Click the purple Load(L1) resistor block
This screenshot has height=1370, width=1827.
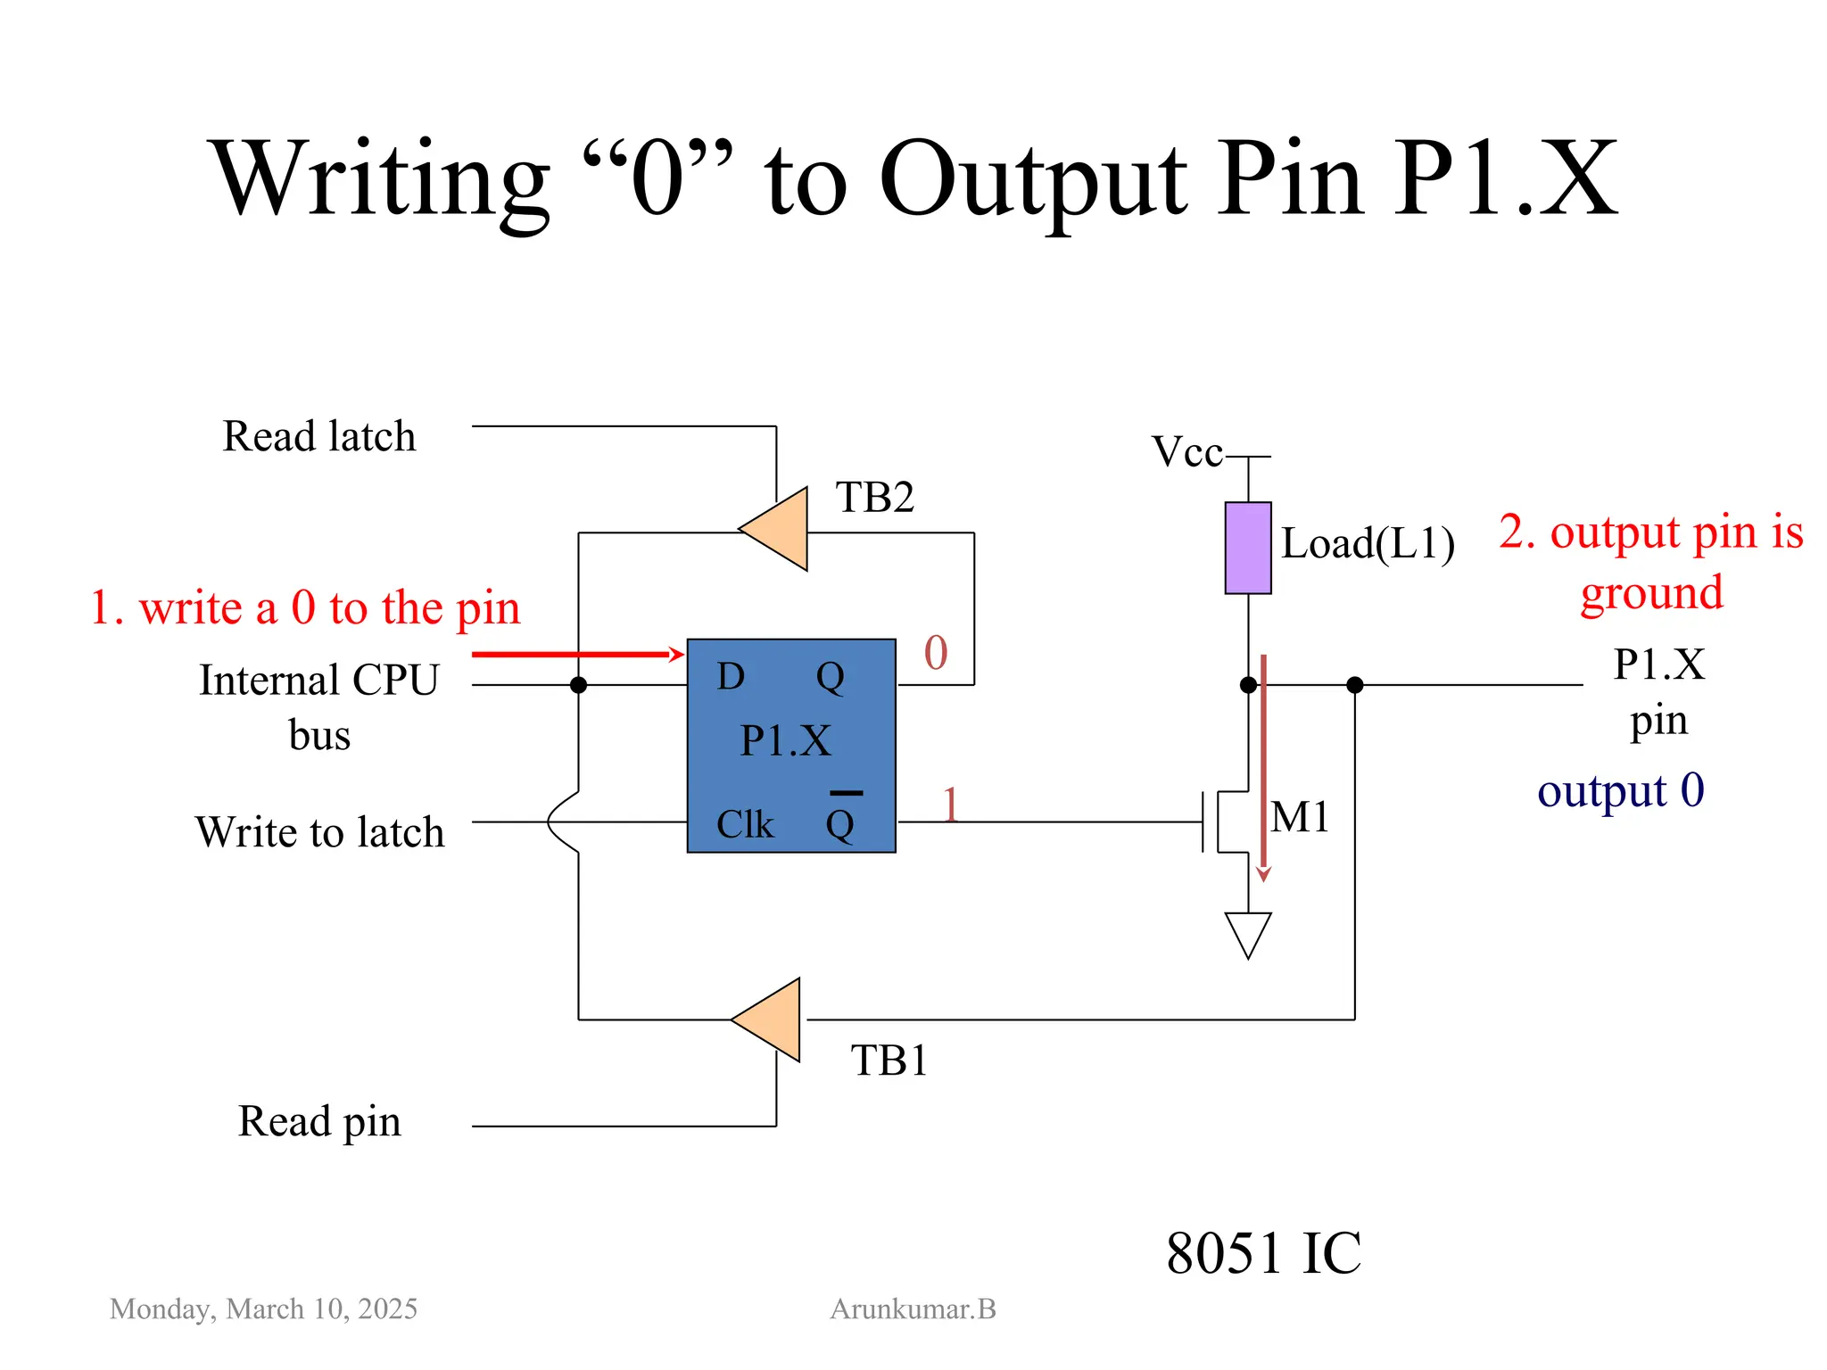coord(1247,548)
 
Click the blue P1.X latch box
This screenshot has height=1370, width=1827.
coord(790,745)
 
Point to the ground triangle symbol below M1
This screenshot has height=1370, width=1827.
coord(1247,931)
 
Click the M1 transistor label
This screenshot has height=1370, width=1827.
coord(1299,817)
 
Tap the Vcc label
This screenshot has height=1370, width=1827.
coord(1186,452)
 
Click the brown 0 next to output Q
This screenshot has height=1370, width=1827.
coord(935,653)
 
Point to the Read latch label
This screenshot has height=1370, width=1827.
coord(318,437)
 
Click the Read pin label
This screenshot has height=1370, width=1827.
coord(318,1122)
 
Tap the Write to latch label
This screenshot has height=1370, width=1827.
coord(319,832)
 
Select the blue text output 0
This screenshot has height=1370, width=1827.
coord(1620,791)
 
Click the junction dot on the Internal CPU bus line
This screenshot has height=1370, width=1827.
coord(578,685)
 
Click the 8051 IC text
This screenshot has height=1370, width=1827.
coord(1262,1253)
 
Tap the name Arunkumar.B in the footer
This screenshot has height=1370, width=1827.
coord(913,1309)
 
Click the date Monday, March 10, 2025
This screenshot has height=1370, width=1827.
coord(263,1309)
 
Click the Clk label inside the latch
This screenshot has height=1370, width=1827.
coord(744,825)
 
